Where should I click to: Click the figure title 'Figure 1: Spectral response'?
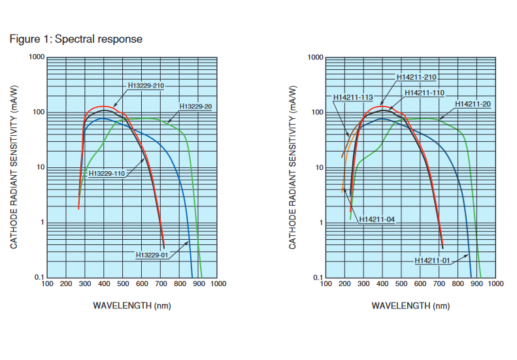coord(76,39)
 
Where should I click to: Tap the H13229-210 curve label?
coord(146,86)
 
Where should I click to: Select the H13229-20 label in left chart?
coord(197,106)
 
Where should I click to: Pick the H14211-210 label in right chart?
coord(417,77)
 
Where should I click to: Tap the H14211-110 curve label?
coord(425,93)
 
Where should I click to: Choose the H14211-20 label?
coord(473,104)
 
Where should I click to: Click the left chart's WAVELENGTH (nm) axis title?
coord(132,305)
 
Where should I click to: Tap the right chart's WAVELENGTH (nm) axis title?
coord(410,305)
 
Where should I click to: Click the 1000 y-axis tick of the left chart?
coord(36,58)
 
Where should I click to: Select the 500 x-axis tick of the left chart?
coord(123,284)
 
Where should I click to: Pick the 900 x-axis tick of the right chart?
coord(477,284)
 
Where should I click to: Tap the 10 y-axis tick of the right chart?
coord(318,168)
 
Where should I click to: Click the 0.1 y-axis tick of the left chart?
coord(39,278)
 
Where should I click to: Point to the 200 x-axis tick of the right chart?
coord(345,284)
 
